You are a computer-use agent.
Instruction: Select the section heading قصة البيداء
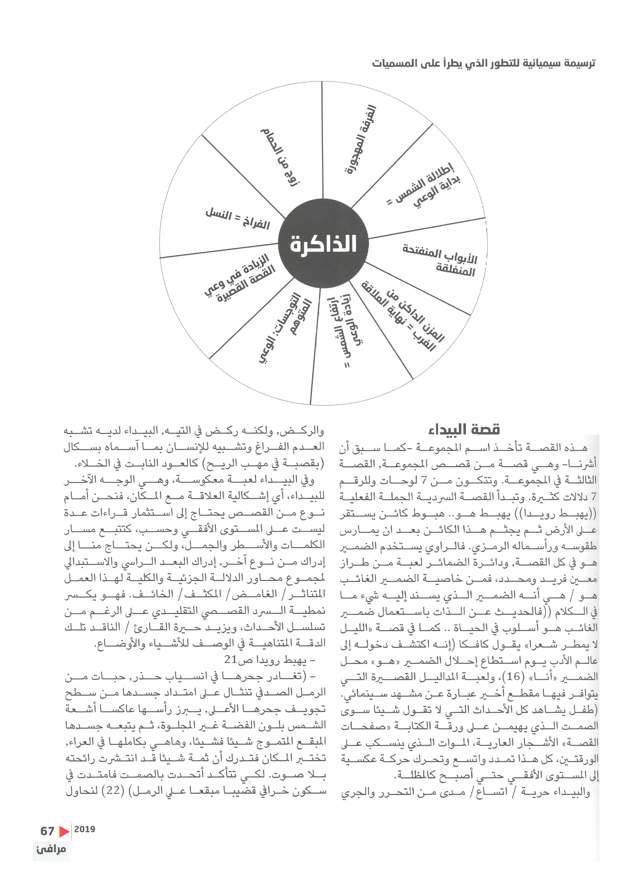[x=464, y=430]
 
